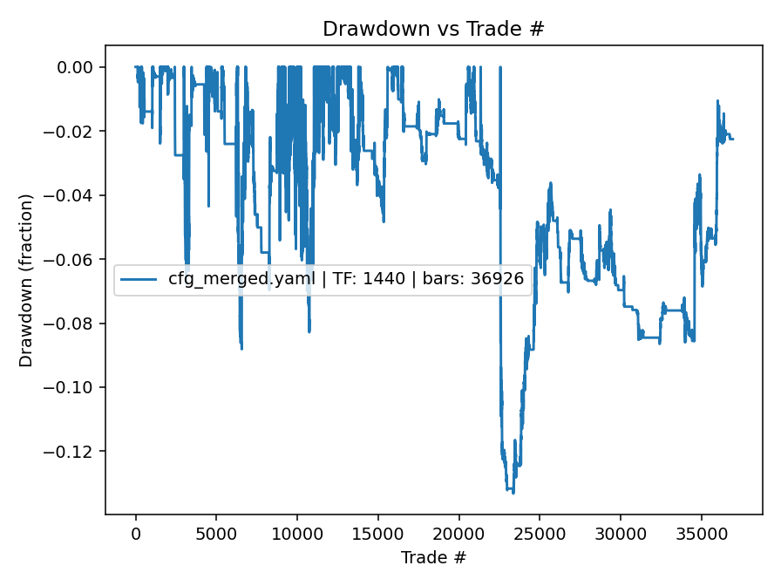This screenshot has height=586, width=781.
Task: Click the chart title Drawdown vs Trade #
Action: click(x=433, y=28)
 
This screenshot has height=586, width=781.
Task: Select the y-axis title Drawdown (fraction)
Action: click(x=27, y=280)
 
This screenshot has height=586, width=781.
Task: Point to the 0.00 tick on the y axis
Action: click(x=79, y=67)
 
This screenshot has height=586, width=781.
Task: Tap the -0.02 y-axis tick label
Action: click(x=76, y=132)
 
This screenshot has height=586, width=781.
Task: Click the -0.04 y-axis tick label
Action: click(x=76, y=195)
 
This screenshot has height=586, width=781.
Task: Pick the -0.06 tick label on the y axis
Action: click(x=76, y=260)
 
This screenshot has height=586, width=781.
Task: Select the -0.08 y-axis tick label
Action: click(x=76, y=324)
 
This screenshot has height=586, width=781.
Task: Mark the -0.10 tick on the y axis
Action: click(x=76, y=387)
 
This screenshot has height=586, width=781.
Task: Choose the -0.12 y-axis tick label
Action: click(x=76, y=452)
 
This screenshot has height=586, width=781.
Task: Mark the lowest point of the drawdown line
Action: click(x=513, y=493)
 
